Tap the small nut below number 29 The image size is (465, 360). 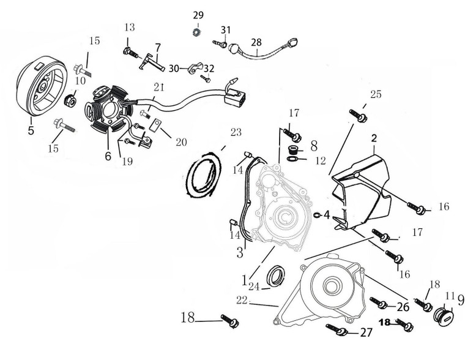click(197, 31)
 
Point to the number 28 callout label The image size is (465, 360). click(256, 42)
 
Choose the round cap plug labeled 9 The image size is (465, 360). click(442, 315)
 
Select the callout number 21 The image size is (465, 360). click(159, 88)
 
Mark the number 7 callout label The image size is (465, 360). click(157, 47)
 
